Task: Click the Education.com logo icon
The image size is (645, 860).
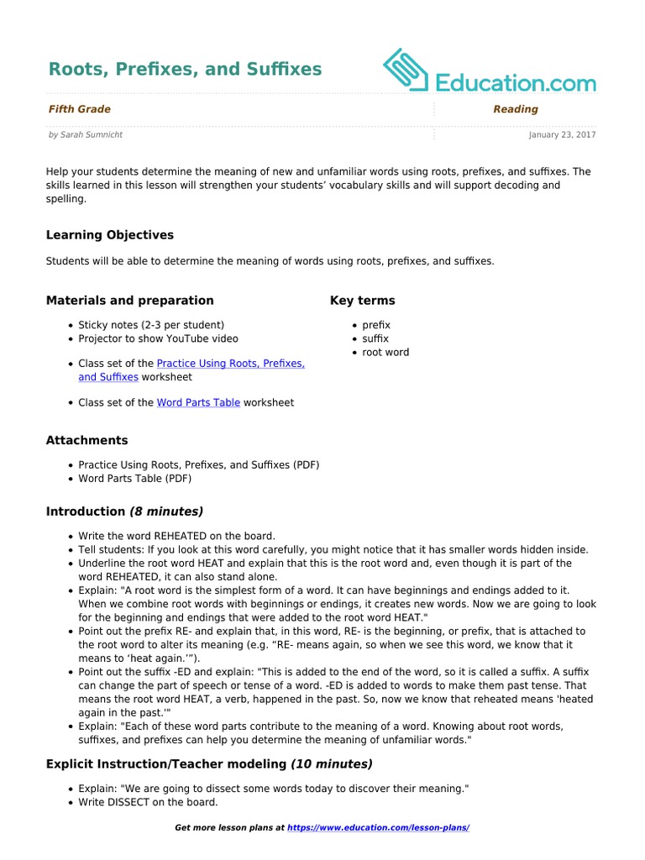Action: coord(406,70)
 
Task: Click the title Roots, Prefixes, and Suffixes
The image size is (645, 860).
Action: coord(185,69)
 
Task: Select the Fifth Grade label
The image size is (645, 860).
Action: coord(79,109)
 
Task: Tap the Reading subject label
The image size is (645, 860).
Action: coord(516,109)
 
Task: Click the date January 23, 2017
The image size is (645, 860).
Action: coord(562,134)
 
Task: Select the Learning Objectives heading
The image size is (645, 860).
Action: coord(110,235)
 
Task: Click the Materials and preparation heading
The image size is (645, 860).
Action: coord(130,301)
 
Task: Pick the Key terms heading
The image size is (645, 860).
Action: coord(363,301)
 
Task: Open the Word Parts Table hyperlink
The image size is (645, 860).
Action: coord(198,402)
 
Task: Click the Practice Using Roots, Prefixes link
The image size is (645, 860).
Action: coord(230,364)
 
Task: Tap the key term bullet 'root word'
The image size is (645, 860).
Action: coord(385,352)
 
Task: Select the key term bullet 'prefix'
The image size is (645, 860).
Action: coord(376,325)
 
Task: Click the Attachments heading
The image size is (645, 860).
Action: coord(87,440)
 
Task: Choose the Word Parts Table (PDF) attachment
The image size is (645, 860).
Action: coord(134,479)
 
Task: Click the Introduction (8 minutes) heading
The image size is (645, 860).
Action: coord(124,511)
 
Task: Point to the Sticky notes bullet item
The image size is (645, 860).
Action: coord(151,325)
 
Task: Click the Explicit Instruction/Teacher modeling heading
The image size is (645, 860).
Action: coord(209,764)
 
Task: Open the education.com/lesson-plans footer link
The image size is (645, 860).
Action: coord(378,828)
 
